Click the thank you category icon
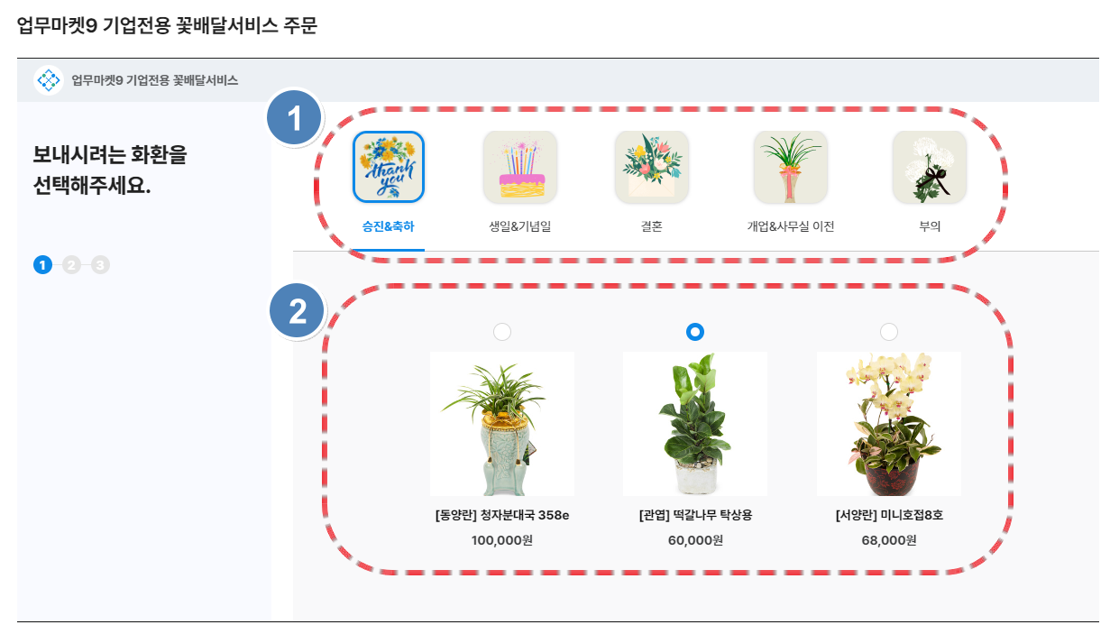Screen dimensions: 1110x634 click(389, 167)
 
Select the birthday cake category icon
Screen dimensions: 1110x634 click(520, 167)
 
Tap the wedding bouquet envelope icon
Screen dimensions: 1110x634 click(652, 167)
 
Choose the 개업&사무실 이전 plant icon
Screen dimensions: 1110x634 click(791, 167)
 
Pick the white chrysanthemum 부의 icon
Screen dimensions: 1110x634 click(930, 167)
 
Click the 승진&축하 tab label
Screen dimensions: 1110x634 click(388, 226)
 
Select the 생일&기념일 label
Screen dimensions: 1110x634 click(519, 226)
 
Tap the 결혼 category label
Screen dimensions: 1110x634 click(652, 226)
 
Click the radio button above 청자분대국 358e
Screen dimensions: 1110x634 click(502, 332)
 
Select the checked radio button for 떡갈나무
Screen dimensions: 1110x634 click(694, 332)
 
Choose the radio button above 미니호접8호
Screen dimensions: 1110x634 click(888, 332)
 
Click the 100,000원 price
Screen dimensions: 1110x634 click(502, 540)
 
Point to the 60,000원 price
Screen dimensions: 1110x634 click(695, 540)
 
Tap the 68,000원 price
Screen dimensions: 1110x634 click(889, 540)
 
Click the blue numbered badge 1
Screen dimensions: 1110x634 click(294, 118)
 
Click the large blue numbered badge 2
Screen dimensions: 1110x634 click(297, 311)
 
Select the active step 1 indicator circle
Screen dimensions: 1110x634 click(42, 265)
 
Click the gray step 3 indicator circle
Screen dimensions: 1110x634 click(100, 265)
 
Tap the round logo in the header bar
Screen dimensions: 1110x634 click(49, 79)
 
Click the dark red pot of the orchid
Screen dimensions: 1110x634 click(892, 477)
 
